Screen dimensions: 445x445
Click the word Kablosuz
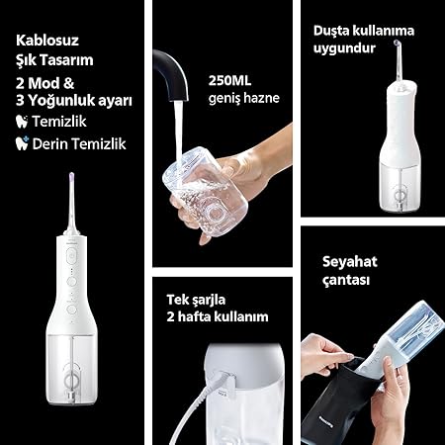tap(47, 41)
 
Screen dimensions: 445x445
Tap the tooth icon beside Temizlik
tap(22, 122)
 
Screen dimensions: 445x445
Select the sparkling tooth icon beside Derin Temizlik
tap(22, 143)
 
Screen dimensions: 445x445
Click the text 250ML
tap(229, 81)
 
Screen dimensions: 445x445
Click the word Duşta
tap(331, 31)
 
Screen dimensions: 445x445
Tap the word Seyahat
tap(350, 262)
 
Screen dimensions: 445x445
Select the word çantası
tap(346, 280)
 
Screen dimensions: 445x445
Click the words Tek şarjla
tap(196, 300)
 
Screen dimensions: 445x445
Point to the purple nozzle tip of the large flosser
tap(71, 177)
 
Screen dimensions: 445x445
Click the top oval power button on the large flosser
tap(71, 256)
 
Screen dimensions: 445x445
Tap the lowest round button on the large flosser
tap(71, 310)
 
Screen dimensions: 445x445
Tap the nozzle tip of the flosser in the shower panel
tap(398, 43)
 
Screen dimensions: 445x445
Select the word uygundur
tap(344, 48)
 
